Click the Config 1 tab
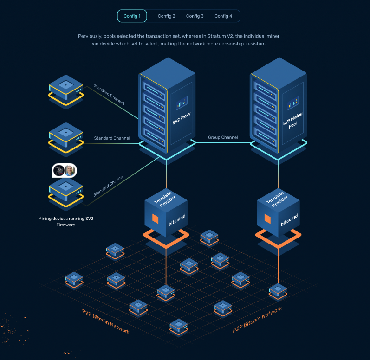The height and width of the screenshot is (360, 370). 132,16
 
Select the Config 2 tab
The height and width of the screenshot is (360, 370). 166,16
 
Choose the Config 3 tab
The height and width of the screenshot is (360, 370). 195,16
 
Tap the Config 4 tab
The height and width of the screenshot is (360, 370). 223,16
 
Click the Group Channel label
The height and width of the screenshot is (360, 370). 223,137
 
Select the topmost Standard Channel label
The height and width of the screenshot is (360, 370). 109,95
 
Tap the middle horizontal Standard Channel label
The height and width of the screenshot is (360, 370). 112,138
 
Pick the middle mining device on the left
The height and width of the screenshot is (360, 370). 66,136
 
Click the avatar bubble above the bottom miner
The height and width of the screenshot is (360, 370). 64,170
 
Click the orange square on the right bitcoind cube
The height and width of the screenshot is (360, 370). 268,218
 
